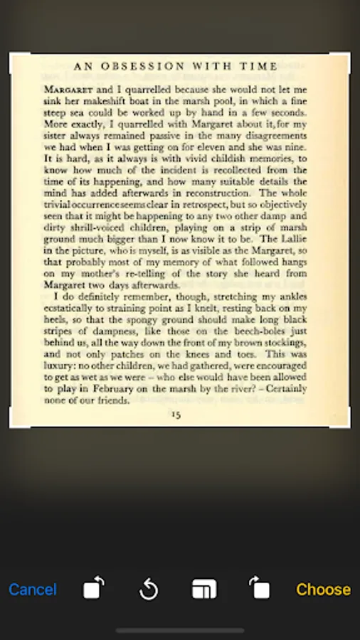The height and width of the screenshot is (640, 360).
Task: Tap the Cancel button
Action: pyautogui.click(x=33, y=590)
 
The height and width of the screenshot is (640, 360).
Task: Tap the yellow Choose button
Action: pyautogui.click(x=323, y=590)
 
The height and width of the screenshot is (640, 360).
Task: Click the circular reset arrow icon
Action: pyautogui.click(x=148, y=590)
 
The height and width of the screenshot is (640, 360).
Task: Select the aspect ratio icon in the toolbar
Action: pyautogui.click(x=204, y=590)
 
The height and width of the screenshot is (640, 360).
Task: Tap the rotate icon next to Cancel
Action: pyautogui.click(x=93, y=589)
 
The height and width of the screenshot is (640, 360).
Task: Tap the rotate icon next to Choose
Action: pyautogui.click(x=259, y=589)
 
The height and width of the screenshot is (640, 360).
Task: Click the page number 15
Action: pyautogui.click(x=176, y=415)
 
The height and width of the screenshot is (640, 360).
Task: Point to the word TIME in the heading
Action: pyautogui.click(x=259, y=67)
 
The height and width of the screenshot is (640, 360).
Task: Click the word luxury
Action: pyautogui.click(x=60, y=366)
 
